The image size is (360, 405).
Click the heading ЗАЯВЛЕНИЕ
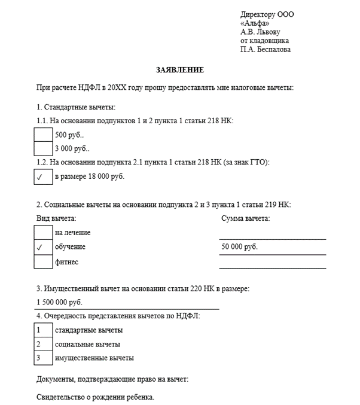pyautogui.click(x=180, y=70)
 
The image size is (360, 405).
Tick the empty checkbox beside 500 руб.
pyautogui.click(x=44, y=135)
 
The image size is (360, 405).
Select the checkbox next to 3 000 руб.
pyautogui.click(x=44, y=148)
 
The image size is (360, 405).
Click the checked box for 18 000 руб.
pyautogui.click(x=44, y=177)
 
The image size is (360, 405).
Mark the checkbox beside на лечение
pyautogui.click(x=44, y=232)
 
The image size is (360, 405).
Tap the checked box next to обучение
pyautogui.click(x=44, y=247)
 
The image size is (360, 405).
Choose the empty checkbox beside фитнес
pyautogui.click(x=44, y=262)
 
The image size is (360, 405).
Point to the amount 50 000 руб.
pyautogui.click(x=240, y=247)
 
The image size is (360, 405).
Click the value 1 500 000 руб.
pyautogui.click(x=60, y=302)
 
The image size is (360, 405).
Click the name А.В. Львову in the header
pyautogui.click(x=260, y=32)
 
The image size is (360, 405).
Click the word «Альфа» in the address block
pyautogui.click(x=254, y=23)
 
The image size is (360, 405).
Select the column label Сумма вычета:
pyautogui.click(x=245, y=218)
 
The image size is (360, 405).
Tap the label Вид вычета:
pyautogui.click(x=56, y=218)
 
